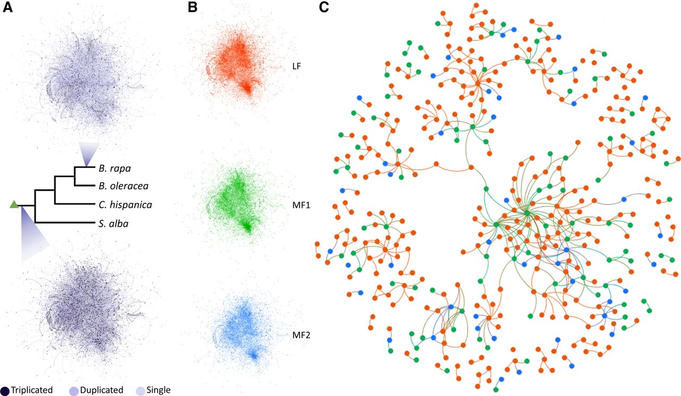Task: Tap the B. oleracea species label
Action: (123, 186)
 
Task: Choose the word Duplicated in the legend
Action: (102, 390)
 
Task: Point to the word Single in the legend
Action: (159, 390)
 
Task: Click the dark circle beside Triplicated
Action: (5, 391)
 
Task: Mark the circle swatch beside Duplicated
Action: (74, 391)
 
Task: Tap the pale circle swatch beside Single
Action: (140, 391)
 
